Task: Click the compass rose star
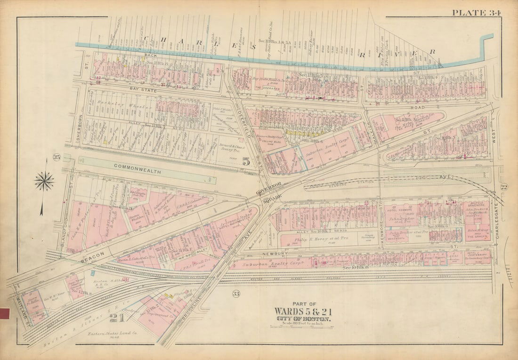[44, 181]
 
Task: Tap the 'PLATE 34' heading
[476, 12]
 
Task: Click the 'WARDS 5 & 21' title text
[303, 312]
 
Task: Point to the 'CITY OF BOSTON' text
[303, 319]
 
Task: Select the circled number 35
[57, 157]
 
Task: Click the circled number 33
[236, 294]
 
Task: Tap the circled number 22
[503, 187]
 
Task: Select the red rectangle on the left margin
[5, 313]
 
